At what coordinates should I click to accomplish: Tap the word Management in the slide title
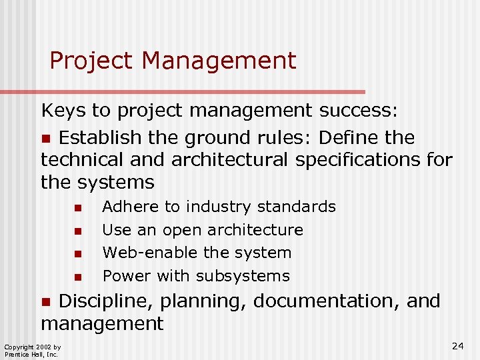click(219, 61)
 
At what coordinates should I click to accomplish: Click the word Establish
click(100, 138)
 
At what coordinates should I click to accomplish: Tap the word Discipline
click(107, 301)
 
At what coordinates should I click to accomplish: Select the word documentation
click(326, 301)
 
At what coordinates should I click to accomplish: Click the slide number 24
click(457, 345)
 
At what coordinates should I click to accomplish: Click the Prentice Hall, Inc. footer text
click(31, 354)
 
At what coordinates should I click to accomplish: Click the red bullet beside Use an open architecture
click(78, 231)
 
